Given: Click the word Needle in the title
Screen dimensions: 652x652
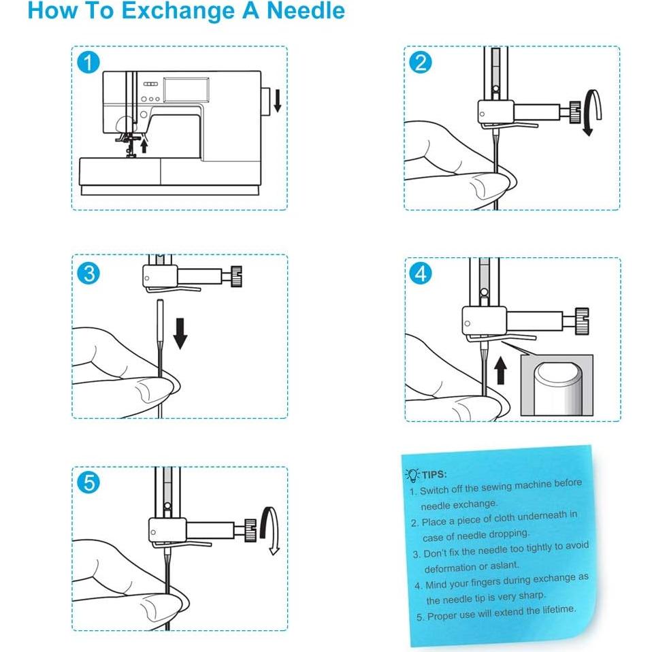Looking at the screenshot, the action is [305, 11].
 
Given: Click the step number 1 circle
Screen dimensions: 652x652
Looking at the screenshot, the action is [88, 63].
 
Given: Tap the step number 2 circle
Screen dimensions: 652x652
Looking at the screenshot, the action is [420, 63].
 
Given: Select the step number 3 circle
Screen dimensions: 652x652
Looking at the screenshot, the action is [88, 273].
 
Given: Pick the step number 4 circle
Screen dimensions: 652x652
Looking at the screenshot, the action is [421, 274].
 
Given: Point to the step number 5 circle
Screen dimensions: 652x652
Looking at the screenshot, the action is [88, 483].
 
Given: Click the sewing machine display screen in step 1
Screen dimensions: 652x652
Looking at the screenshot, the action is [186, 89].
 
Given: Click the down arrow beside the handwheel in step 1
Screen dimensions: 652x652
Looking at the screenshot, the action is [278, 100].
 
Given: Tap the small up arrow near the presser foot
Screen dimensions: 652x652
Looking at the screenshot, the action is [144, 146].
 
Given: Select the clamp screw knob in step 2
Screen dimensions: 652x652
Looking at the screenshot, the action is [574, 112].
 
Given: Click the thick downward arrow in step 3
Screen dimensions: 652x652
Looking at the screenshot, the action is [180, 333].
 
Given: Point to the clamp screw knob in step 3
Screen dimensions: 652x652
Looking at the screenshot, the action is [236, 276].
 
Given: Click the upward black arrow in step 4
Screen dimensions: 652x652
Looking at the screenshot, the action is [501, 370].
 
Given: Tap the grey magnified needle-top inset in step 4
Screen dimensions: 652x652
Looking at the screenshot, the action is [557, 385].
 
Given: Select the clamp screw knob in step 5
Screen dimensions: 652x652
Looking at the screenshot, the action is [250, 530].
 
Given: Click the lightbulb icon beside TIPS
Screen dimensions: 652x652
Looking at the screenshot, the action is [412, 475].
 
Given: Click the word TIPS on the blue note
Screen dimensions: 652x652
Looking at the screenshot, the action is [434, 474].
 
